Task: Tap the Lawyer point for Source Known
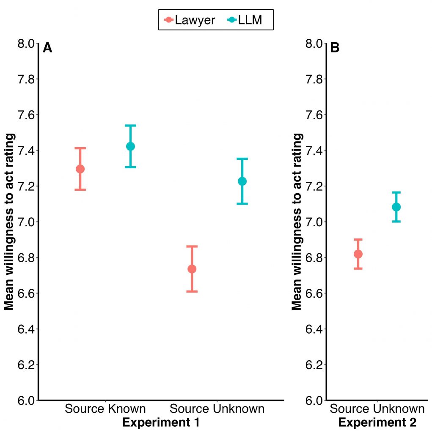tap(80, 169)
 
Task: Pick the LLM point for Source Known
tap(130, 146)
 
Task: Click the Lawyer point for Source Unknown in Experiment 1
tap(192, 269)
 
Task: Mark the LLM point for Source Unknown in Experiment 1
tap(242, 181)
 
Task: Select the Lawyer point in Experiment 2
tap(358, 254)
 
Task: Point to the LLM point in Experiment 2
tap(396, 207)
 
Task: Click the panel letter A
tap(47, 48)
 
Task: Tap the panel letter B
tap(335, 48)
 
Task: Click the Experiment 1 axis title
tap(161, 422)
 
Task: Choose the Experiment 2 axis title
tap(377, 422)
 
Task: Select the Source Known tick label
tap(105, 409)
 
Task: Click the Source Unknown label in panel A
tap(217, 409)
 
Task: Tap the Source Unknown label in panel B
tap(377, 409)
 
